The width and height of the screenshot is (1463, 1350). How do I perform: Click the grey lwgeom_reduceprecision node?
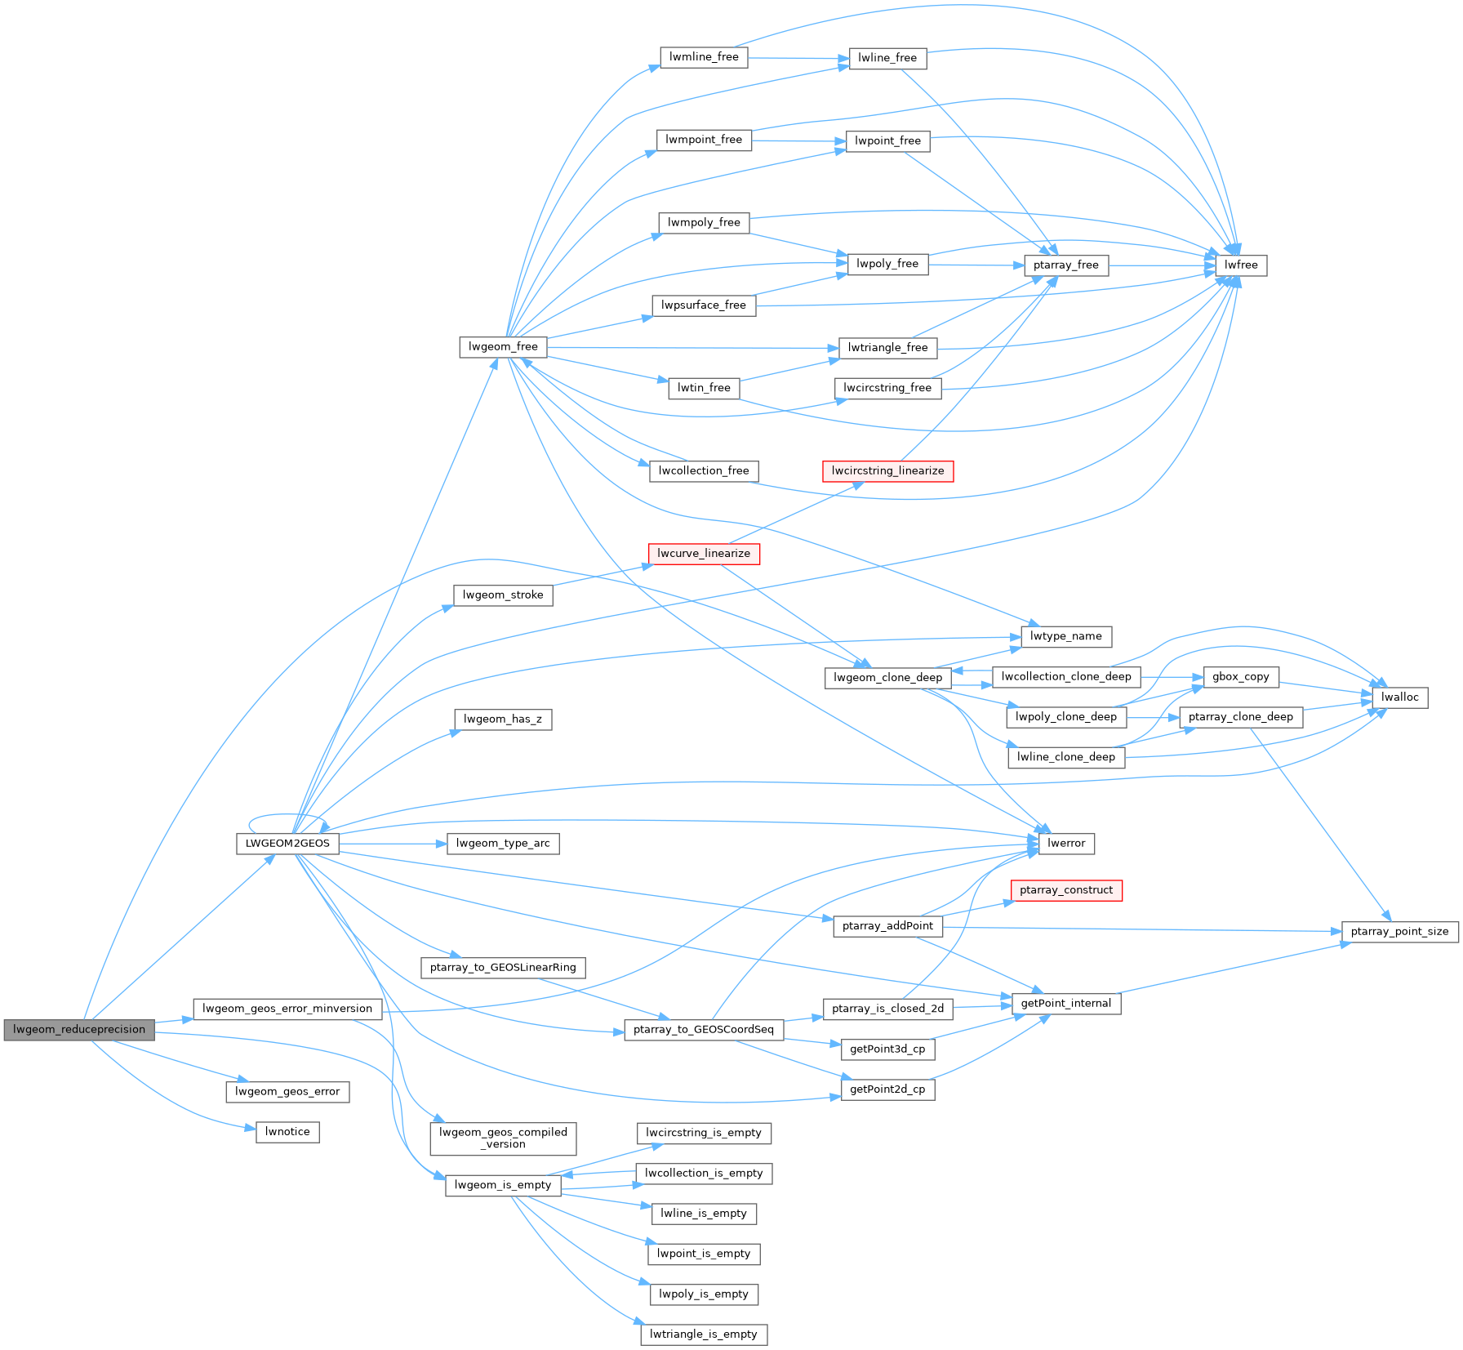(79, 1029)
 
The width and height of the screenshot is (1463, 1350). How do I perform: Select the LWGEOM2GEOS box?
(287, 844)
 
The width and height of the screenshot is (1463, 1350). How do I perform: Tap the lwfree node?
(1241, 265)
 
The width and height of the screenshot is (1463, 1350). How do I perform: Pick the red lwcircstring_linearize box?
(887, 471)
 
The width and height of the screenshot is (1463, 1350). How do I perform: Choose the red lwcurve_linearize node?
(704, 554)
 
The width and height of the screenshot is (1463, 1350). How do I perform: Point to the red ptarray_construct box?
(1066, 890)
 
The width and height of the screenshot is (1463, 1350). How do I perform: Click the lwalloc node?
(1400, 697)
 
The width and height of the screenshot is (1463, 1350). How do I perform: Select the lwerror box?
(1066, 844)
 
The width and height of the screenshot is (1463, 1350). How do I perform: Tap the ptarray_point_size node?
(1399, 932)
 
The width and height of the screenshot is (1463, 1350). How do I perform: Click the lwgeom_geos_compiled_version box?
(503, 1138)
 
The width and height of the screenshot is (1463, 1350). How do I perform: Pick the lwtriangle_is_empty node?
(704, 1334)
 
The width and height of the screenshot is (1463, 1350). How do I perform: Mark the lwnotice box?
(287, 1132)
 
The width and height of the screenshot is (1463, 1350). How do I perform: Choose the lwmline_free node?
(704, 57)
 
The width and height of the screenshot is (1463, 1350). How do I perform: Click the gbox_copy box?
(1241, 677)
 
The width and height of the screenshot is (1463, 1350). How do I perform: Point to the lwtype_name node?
(1066, 636)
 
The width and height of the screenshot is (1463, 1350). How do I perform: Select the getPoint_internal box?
(1066, 1004)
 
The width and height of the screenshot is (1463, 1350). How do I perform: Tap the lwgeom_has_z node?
(503, 720)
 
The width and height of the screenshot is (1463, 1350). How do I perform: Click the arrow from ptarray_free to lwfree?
(1163, 265)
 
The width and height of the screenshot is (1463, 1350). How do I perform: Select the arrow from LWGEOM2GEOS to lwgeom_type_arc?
(393, 844)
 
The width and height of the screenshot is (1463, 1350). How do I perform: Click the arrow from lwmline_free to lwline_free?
(798, 58)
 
